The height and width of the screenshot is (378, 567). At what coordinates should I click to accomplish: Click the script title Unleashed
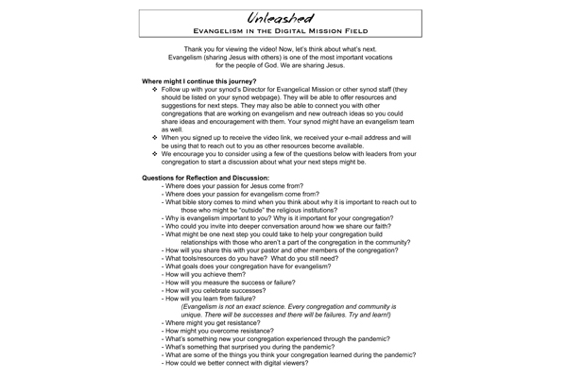(x=284, y=15)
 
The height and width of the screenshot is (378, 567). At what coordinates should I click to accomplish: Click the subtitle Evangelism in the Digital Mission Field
(x=284, y=31)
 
